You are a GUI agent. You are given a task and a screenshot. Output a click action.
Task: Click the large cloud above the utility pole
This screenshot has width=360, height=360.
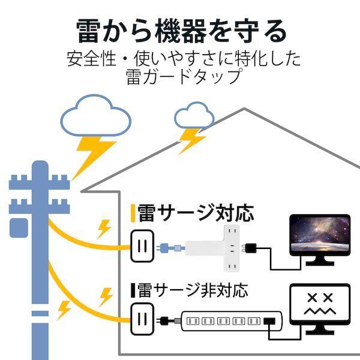coord(96,115)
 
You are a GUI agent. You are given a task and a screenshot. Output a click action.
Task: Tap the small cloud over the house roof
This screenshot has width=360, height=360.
coord(194,115)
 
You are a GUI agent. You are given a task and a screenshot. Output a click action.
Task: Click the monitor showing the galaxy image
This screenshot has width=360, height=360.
coord(320,239)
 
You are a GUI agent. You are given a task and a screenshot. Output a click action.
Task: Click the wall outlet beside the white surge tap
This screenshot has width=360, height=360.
coord(142,245)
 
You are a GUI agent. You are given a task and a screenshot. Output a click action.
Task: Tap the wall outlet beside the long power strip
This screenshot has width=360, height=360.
coord(142,319)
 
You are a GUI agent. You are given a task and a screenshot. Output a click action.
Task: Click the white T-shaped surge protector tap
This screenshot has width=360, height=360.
coord(213,248)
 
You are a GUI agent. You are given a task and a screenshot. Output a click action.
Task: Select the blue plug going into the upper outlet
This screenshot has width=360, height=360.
coord(170,248)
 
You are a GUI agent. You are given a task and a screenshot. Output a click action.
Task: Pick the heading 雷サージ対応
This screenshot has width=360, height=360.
coord(196,214)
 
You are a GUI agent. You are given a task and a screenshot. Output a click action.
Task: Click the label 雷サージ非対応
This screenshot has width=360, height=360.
coord(193,290)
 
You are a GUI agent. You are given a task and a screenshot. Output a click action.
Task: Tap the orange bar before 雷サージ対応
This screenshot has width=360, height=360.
coord(133,214)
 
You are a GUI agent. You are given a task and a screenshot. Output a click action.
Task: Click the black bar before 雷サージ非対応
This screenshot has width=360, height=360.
coord(133,290)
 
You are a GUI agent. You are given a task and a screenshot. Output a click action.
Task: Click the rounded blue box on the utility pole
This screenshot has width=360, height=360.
coord(19,228)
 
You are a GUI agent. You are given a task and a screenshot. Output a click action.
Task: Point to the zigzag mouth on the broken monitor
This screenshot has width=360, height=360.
coord(320,311)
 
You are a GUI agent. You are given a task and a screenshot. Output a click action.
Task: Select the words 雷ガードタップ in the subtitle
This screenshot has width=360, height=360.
coord(184,76)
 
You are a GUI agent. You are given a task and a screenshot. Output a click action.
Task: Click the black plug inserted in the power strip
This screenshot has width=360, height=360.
coord(269,321)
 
